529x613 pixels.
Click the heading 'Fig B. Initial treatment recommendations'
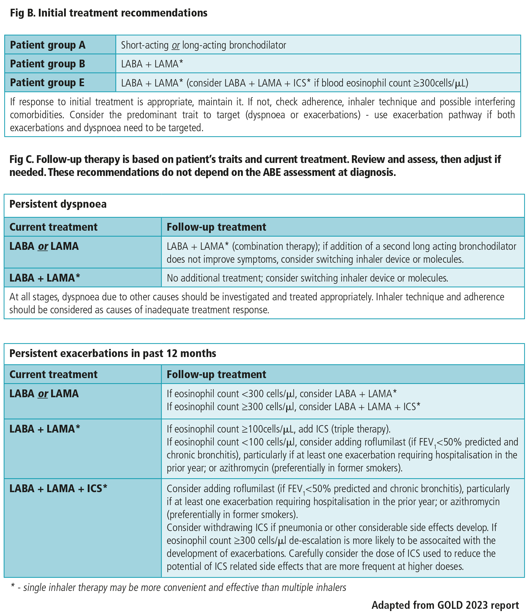108,13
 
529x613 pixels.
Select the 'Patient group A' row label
48,45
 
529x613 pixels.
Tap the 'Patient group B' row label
48,64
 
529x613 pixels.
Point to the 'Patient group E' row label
47,83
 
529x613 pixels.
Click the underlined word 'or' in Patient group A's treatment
175,45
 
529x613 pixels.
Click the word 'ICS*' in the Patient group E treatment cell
302,83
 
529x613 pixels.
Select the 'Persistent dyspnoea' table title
58,204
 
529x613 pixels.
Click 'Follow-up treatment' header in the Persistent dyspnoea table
216,227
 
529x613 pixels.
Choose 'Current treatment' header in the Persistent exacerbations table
53,374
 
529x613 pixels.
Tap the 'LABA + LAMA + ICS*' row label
58,488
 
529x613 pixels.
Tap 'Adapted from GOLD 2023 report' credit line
445,605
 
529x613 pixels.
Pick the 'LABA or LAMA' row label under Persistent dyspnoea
44,246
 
